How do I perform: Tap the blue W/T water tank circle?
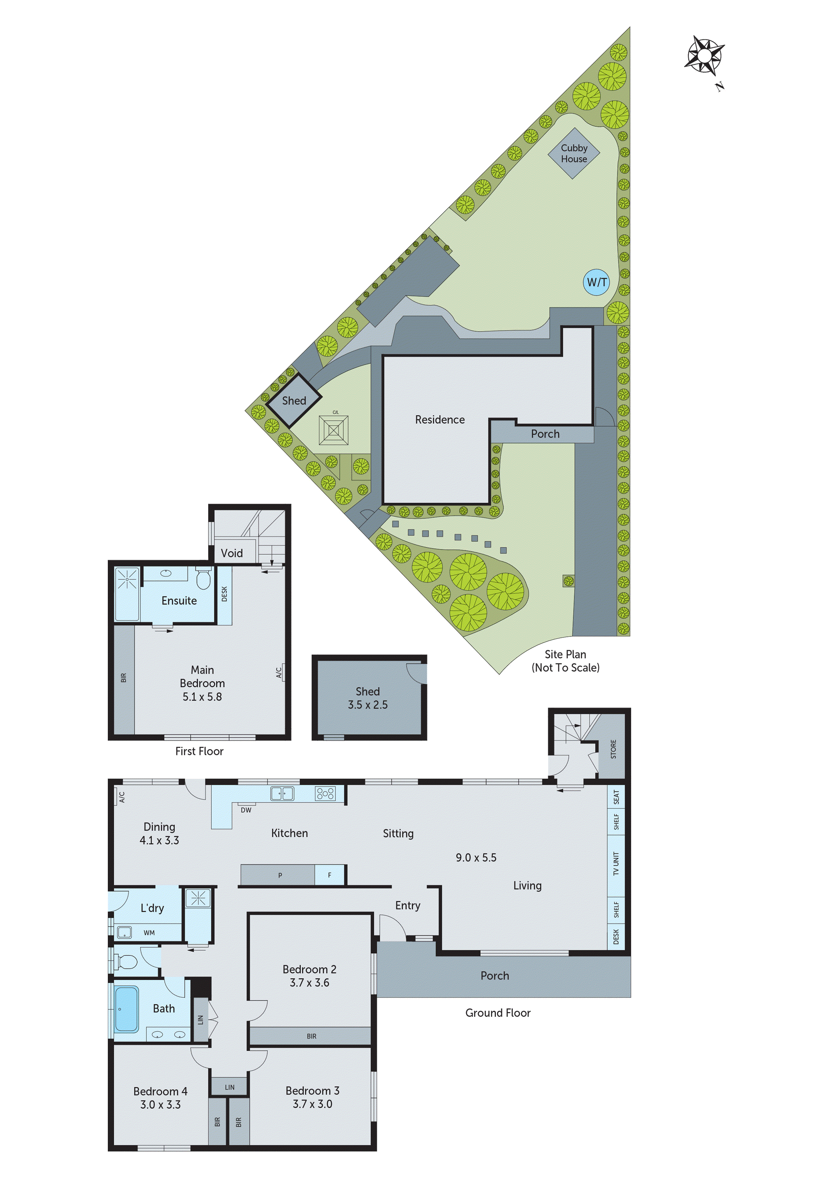pos(597,282)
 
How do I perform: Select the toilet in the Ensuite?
pos(203,578)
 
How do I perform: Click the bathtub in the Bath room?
pos(126,1009)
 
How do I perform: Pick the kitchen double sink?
pos(282,793)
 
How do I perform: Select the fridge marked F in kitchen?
pos(330,875)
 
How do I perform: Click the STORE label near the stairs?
pos(613,749)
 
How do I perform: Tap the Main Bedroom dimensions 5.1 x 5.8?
pos(202,697)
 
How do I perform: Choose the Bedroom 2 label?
pos(309,969)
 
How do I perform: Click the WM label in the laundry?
pos(149,933)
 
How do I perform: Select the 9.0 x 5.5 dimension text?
pos(476,857)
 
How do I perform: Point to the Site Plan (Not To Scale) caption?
pos(565,661)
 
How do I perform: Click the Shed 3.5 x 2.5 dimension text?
pos(367,705)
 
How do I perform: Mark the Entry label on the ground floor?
pos(407,906)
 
